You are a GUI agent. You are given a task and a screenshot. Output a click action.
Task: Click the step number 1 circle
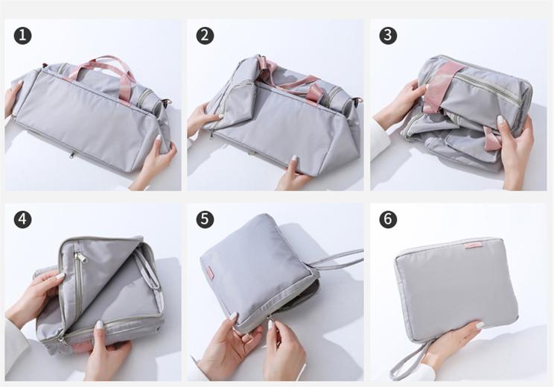point(23,36)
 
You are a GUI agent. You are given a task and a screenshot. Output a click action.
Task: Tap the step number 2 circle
point(205,36)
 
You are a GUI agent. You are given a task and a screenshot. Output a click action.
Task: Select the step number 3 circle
point(388,36)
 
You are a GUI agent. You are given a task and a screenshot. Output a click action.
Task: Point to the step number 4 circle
point(23,219)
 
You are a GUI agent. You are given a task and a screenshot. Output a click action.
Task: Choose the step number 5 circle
point(205,219)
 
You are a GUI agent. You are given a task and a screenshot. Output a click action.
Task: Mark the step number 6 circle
point(388,219)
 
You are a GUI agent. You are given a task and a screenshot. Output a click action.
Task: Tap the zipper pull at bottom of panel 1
point(72,154)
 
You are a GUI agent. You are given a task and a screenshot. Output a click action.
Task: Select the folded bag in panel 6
point(456,290)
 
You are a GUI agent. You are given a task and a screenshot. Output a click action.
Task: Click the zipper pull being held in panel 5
point(271,324)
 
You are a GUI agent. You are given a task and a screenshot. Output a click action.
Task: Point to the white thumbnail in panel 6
point(480,325)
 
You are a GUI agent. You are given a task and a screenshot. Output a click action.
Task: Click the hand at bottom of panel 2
point(293,175)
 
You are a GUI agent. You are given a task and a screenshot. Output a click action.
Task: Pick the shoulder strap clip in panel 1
point(167,103)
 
